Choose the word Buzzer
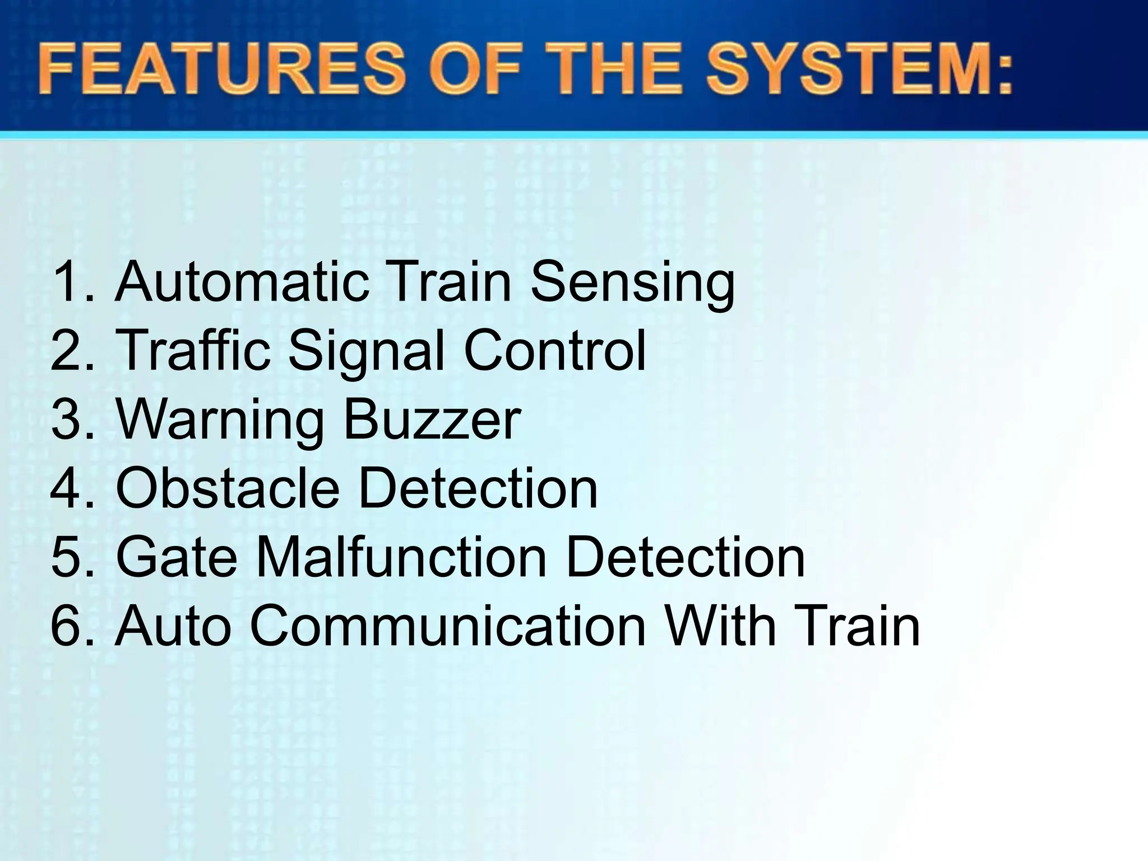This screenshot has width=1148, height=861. (432, 419)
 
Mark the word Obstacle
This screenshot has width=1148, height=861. (228, 488)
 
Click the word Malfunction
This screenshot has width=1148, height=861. (401, 557)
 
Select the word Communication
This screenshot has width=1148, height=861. (448, 626)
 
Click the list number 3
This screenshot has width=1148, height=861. (66, 419)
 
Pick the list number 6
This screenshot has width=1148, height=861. (66, 626)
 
